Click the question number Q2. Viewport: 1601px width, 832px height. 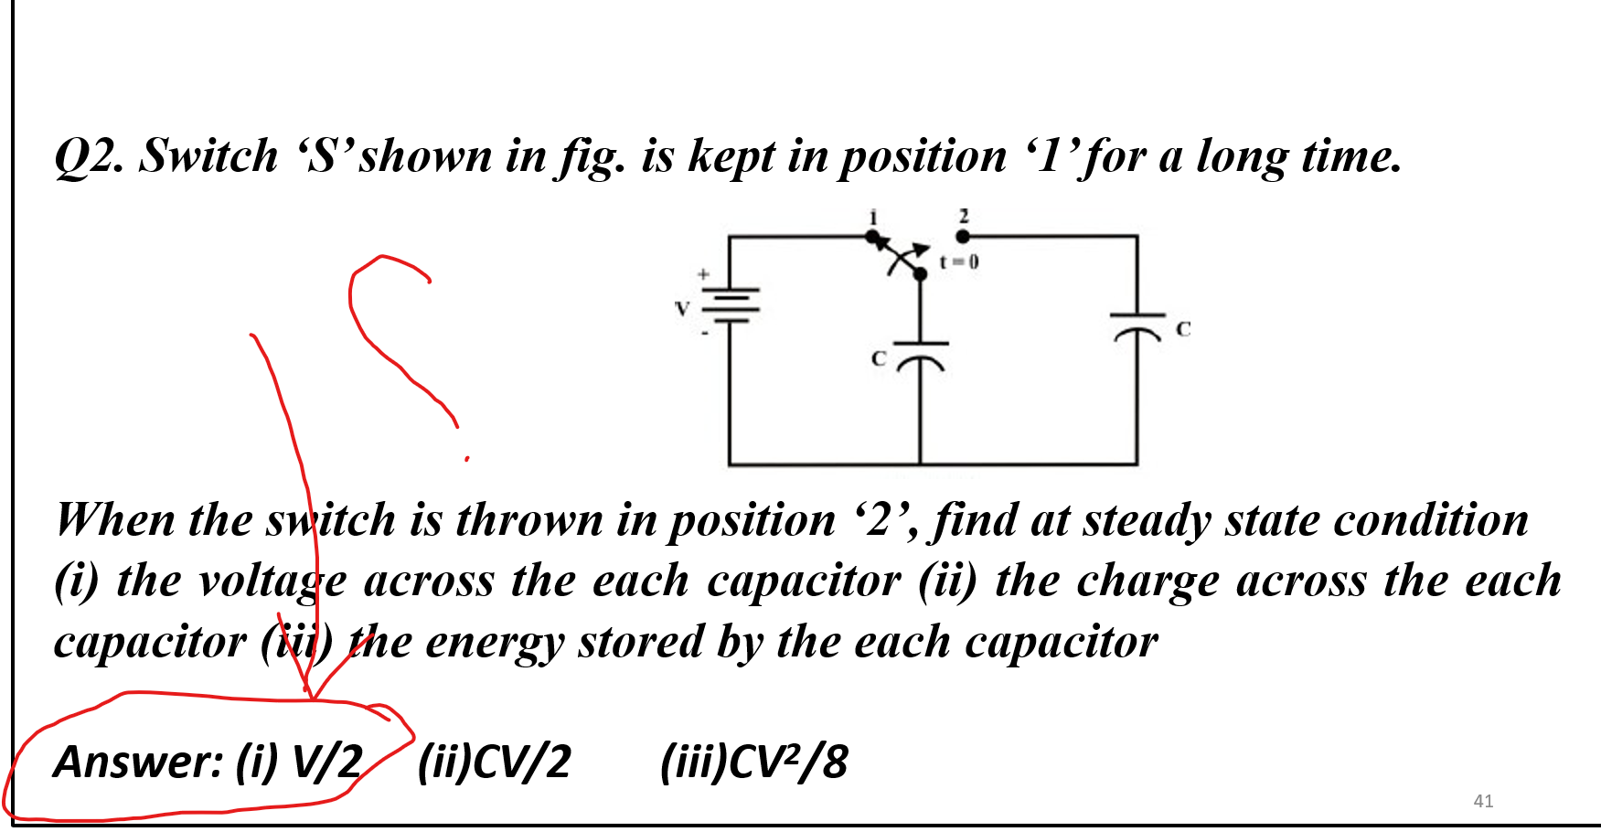88,156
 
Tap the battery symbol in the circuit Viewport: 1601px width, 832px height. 730,305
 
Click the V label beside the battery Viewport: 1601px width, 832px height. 681,309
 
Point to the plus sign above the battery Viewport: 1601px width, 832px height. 703,273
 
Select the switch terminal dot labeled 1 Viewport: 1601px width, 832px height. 872,237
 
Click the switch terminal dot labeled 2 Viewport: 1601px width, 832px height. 963,236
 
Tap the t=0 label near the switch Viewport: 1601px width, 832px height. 959,261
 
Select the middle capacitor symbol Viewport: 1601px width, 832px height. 920,355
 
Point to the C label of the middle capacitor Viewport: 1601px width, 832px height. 879,358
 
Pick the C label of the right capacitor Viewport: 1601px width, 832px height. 1183,329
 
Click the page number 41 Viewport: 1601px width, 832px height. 1483,801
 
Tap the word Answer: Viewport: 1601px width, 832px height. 138,762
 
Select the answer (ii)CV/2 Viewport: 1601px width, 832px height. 494,762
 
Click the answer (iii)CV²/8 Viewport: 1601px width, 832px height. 753,762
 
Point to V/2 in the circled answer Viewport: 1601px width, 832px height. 326,762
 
